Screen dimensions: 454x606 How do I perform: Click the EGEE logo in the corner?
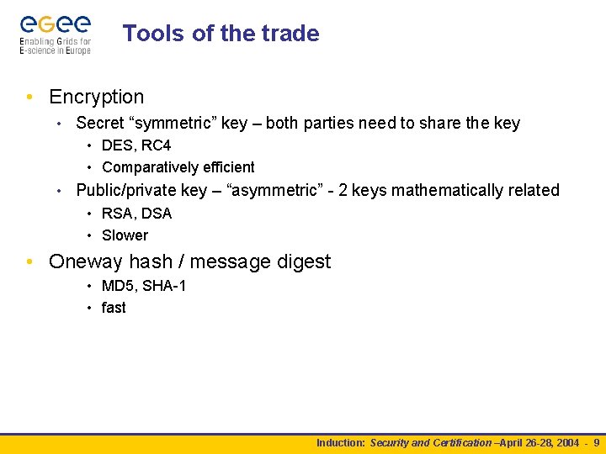click(56, 34)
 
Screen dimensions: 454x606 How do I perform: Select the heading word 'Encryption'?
click(97, 98)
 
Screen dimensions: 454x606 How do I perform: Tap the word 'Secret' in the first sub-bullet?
click(99, 124)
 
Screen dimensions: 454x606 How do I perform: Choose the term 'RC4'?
click(157, 145)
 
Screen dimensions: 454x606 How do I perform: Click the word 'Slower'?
click(125, 235)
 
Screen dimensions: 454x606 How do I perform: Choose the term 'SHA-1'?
click(164, 286)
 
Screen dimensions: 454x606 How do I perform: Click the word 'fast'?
click(114, 308)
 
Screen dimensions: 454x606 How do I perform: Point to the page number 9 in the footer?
click(597, 443)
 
